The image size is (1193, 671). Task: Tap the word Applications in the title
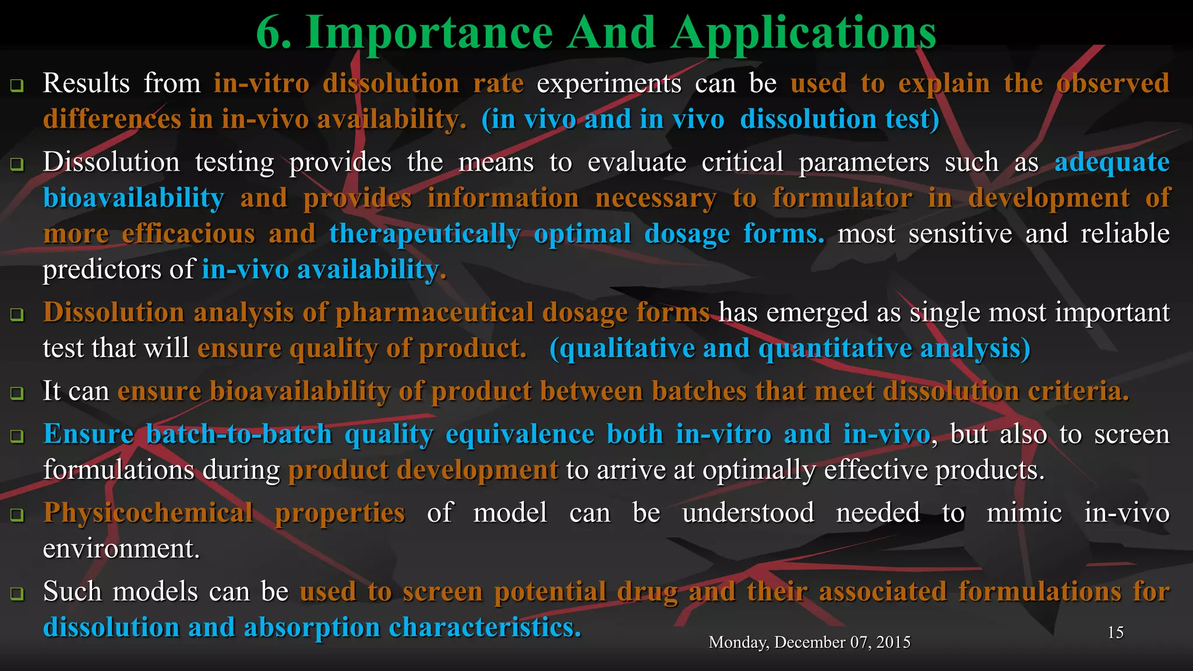tap(803, 33)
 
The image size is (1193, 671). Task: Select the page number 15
tap(1115, 633)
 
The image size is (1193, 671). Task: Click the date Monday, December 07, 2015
tap(809, 642)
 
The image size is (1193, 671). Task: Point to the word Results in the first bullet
tap(86, 83)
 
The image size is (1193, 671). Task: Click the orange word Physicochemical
tap(148, 513)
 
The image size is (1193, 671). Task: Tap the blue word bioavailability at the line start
tap(133, 198)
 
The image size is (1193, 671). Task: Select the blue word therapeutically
tap(425, 234)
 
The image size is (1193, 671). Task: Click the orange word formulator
tap(842, 198)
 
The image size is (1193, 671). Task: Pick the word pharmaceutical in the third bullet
tap(434, 313)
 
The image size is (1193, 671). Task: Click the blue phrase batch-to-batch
tap(239, 435)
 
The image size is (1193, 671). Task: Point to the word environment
tap(121, 549)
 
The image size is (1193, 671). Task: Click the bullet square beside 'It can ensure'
tap(17, 393)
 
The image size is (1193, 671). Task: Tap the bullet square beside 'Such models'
tap(17, 594)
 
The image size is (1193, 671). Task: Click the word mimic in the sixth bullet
tap(1024, 513)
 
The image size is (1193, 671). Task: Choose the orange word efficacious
tap(188, 234)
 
